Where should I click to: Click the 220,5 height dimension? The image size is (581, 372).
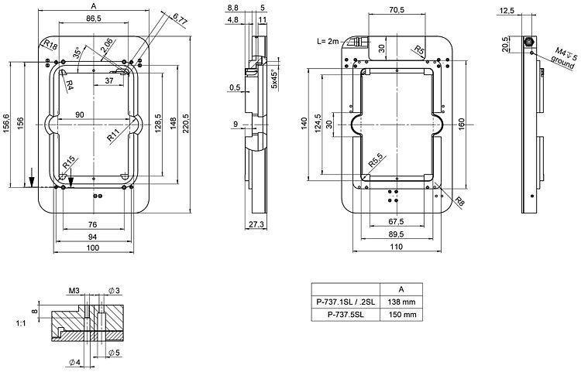click(x=185, y=123)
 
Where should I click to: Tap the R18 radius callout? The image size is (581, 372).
click(x=50, y=43)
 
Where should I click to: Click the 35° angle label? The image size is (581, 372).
click(x=77, y=53)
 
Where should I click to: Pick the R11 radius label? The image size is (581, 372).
click(x=114, y=134)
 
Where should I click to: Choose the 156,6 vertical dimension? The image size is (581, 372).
click(x=6, y=123)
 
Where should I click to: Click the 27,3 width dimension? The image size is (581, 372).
click(x=257, y=224)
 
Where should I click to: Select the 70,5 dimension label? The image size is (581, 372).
click(x=397, y=10)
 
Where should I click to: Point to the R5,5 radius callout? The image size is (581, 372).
click(x=377, y=162)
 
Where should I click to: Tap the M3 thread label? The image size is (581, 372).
click(x=74, y=291)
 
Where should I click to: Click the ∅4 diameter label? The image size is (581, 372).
click(x=75, y=362)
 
